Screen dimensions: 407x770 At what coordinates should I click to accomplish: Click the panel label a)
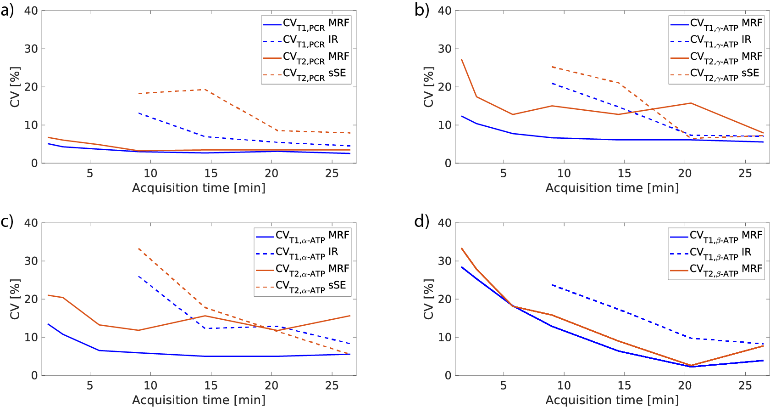coord(7,10)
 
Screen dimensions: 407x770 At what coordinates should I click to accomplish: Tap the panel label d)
coord(421,222)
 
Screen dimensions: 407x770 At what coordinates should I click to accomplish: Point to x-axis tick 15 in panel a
coord(211,173)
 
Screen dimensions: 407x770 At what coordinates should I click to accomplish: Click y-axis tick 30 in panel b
coord(444,49)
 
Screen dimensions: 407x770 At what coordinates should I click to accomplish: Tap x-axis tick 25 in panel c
coord(332,385)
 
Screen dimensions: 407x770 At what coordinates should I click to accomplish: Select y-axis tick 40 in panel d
coord(444,223)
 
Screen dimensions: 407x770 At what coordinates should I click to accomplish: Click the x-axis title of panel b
coord(612,188)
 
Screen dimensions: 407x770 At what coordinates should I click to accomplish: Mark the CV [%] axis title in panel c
coord(15,299)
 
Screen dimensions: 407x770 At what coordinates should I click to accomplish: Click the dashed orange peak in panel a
coord(205,90)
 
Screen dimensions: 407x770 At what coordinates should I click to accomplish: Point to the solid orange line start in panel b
coord(461,59)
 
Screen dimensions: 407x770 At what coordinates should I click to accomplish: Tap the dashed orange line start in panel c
coord(138,249)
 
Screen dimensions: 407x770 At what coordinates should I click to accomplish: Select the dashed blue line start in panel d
coord(552,285)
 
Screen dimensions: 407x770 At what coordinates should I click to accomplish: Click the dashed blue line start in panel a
coord(138,113)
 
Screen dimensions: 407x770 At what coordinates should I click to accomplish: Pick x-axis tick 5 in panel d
coord(503,385)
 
